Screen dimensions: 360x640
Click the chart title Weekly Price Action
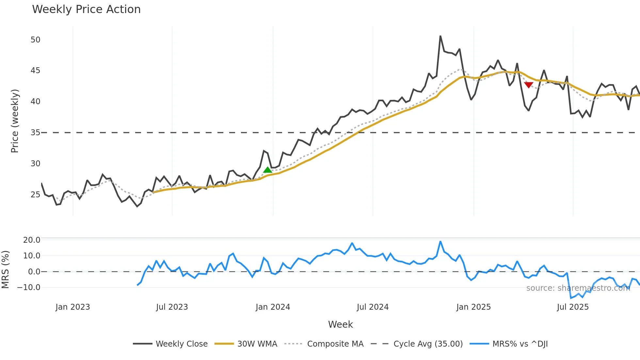point(86,9)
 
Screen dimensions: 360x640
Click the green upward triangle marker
point(267,170)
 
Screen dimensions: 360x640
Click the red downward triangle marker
point(528,85)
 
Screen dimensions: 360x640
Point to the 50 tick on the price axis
point(35,40)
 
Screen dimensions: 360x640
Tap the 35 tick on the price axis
point(35,133)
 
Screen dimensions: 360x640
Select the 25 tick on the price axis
point(35,195)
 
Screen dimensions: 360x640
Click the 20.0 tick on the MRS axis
point(32,240)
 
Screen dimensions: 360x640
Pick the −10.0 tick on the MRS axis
point(29,287)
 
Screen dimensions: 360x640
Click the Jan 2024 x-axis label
point(273,307)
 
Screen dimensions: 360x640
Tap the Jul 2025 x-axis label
point(573,307)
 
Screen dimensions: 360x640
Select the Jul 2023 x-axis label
point(172,307)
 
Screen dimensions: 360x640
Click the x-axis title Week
point(340,324)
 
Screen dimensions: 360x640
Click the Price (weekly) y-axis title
point(15,121)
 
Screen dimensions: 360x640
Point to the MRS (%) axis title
point(5,270)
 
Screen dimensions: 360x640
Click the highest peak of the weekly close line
point(440,36)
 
